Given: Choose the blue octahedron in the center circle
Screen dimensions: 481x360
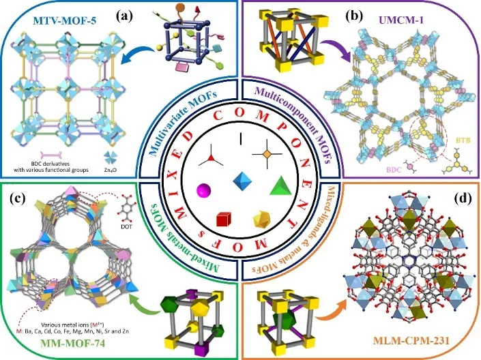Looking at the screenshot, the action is pos(242,183).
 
